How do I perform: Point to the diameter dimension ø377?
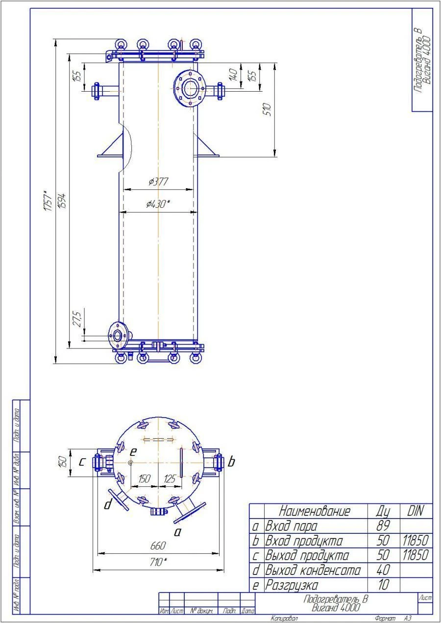pyautogui.click(x=158, y=182)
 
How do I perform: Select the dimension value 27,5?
pyautogui.click(x=77, y=318)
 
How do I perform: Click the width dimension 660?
pyautogui.click(x=158, y=546)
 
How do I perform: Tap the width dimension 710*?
pyautogui.click(x=158, y=563)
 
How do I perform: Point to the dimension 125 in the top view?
pyautogui.click(x=170, y=479)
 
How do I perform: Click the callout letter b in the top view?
pyautogui.click(x=231, y=462)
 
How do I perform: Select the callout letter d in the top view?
pyautogui.click(x=107, y=504)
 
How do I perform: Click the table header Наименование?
pyautogui.click(x=315, y=511)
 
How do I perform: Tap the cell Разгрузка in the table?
pyautogui.click(x=291, y=585)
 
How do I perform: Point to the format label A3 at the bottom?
pyautogui.click(x=407, y=619)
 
